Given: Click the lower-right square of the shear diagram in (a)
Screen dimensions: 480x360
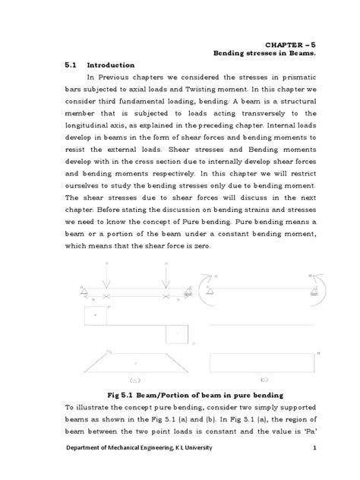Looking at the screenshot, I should tap(177, 334).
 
